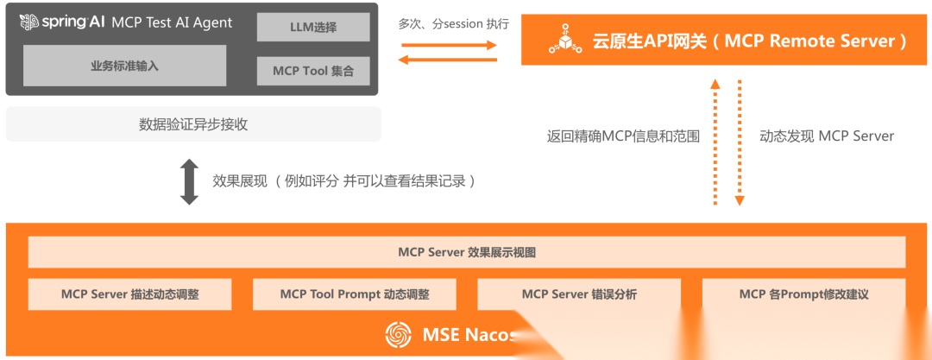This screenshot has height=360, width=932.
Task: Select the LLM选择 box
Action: pyautogui.click(x=313, y=28)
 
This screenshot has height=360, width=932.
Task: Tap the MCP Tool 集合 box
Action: pyautogui.click(x=313, y=71)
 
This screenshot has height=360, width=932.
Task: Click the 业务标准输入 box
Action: pyautogui.click(x=124, y=66)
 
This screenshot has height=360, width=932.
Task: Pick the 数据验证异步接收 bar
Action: pyautogui.click(x=193, y=124)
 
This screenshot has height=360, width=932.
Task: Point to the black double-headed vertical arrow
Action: pyautogui.click(x=189, y=181)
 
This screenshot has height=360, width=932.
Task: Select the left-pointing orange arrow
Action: pyautogui.click(x=448, y=59)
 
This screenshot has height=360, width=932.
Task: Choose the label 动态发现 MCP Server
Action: pyautogui.click(x=827, y=136)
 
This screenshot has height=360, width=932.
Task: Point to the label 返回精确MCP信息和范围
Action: pyautogui.click(x=623, y=136)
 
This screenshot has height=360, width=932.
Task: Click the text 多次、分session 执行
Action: pyautogui.click(x=454, y=23)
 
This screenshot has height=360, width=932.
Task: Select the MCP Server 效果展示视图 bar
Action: pyautogui.click(x=467, y=252)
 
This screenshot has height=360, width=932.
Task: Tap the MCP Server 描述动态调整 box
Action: pyautogui.click(x=130, y=294)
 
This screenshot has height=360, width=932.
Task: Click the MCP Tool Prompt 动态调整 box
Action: pyautogui.click(x=355, y=294)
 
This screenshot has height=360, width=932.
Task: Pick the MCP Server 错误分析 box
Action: pyautogui.click(x=579, y=294)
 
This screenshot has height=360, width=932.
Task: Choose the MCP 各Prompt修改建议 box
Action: pyautogui.click(x=803, y=294)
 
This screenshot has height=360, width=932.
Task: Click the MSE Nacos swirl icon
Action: pyautogui.click(x=398, y=335)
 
